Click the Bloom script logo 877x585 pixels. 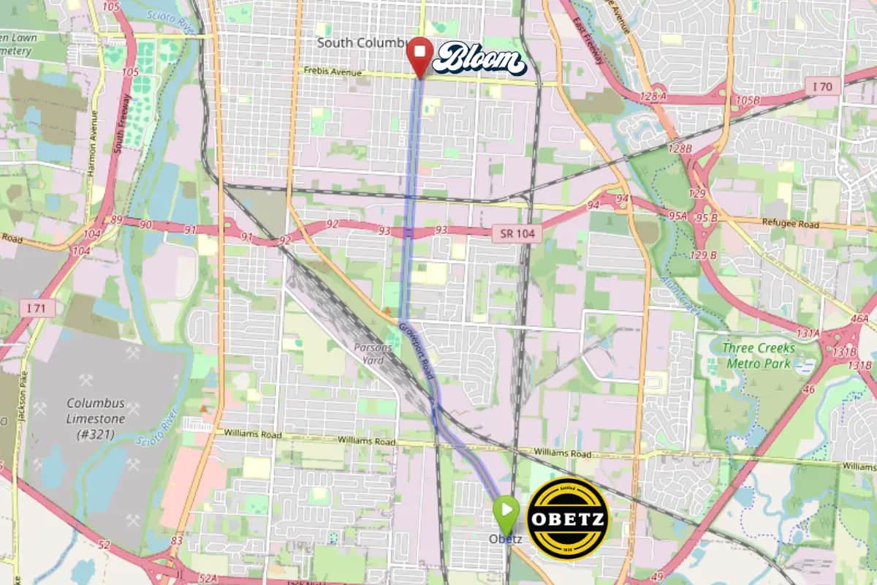tap(478, 58)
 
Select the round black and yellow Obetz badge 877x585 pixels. tap(568, 518)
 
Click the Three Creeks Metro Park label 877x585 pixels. tap(758, 355)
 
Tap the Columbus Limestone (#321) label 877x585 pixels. tap(96, 419)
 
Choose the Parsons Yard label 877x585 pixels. tap(373, 354)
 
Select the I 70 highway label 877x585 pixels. tap(824, 87)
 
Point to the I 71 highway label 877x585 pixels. tap(34, 309)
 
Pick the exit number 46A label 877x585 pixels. tap(859, 318)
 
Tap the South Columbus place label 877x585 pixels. tap(360, 43)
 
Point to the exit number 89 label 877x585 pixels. tap(115, 219)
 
